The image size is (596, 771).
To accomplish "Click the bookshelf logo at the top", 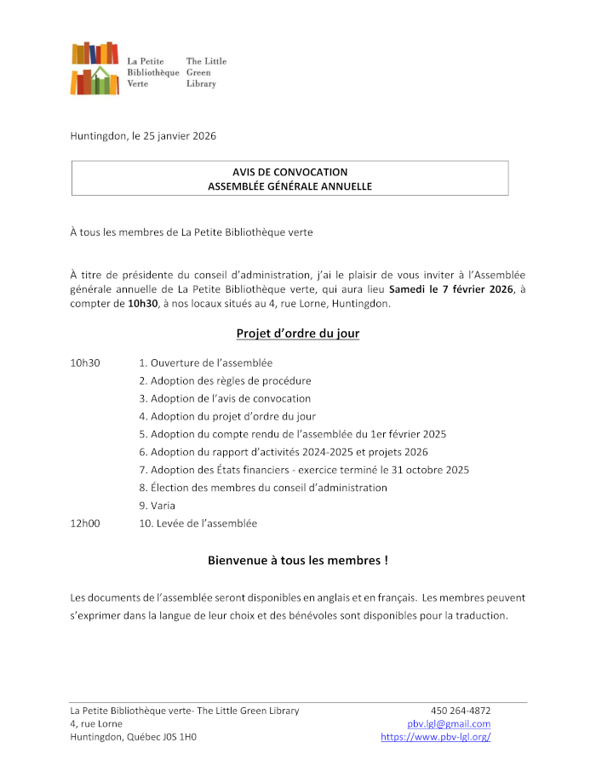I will [95, 67].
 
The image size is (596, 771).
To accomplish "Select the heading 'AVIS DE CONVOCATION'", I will [289, 172].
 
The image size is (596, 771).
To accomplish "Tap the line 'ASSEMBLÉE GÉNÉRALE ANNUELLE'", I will [289, 186].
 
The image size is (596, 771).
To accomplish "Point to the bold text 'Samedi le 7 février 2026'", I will [451, 289].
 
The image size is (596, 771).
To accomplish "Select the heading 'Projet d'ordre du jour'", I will [297, 334].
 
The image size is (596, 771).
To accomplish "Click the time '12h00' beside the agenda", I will [85, 523].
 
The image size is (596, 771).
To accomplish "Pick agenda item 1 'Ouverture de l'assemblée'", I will [205, 363].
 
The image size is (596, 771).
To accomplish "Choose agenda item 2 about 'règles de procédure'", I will [225, 380].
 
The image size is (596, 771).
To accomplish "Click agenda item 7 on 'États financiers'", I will [304, 470].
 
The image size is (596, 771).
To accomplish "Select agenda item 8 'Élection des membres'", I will [263, 488].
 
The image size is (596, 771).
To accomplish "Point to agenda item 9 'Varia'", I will [158, 505].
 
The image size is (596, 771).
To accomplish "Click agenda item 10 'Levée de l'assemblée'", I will [198, 523].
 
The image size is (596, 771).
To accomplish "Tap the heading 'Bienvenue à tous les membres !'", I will [297, 561].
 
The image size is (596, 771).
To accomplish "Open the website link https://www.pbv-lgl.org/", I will [435, 737].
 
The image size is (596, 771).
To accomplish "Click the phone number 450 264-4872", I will [461, 711].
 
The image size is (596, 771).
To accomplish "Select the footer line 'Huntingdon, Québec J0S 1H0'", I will [133, 737].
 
